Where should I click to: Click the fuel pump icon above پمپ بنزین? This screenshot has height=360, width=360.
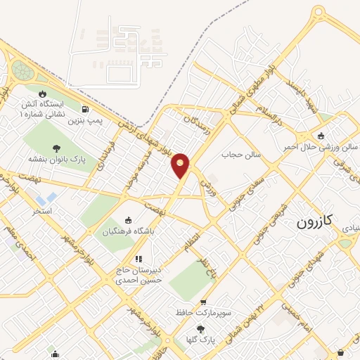point(85,109)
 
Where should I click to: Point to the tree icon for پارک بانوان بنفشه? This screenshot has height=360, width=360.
point(56,148)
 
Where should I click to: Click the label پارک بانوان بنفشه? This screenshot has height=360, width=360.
point(56,160)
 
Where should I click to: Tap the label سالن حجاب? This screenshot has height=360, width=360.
point(241,154)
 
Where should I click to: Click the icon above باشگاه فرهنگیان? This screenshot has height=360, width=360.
point(127,219)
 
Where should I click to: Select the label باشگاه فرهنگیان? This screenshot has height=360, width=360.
point(129,231)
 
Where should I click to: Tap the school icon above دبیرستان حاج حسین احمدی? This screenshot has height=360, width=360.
point(139,259)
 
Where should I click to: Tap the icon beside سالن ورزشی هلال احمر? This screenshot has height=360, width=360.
point(321,136)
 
